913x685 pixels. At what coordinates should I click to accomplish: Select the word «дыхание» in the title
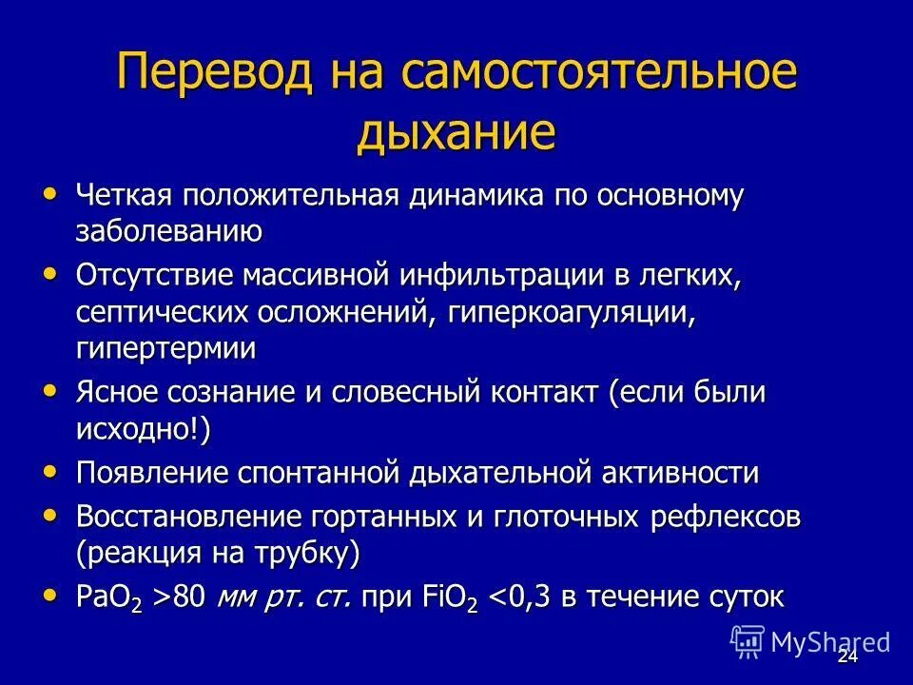click(x=456, y=132)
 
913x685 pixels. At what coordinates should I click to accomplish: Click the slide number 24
click(x=847, y=657)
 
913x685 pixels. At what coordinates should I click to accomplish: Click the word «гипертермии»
click(x=165, y=347)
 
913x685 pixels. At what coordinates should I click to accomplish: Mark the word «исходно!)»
click(x=143, y=427)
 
